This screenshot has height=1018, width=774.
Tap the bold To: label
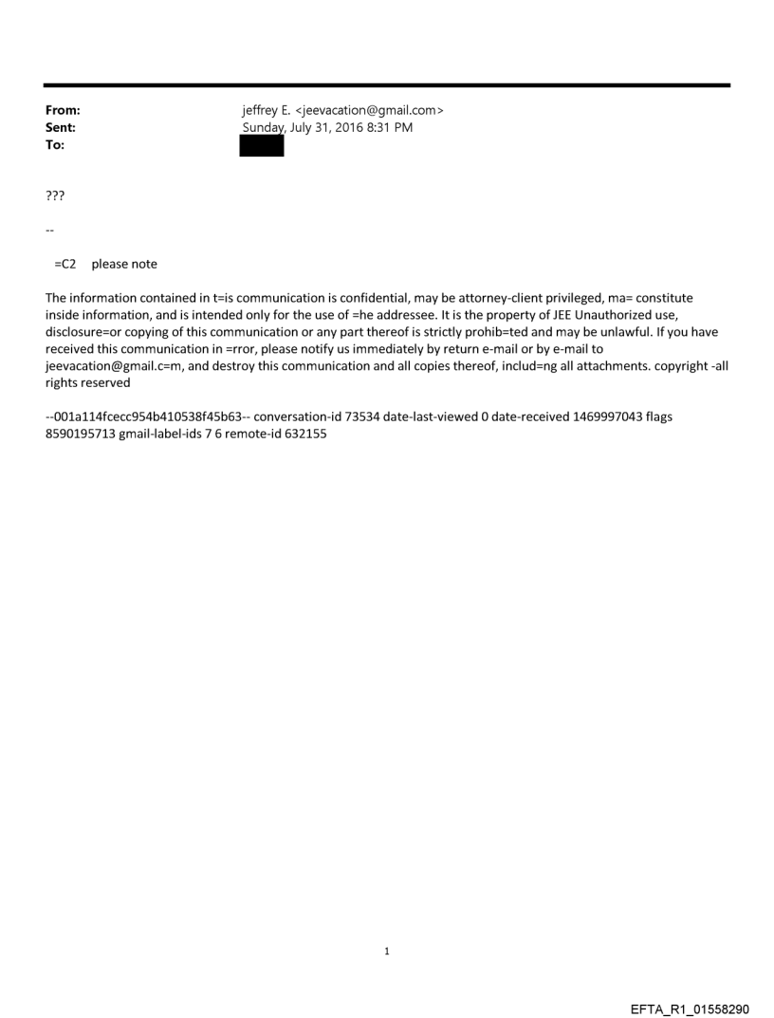click(55, 144)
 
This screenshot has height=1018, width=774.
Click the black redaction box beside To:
click(261, 145)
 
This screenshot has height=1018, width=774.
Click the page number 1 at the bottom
click(387, 951)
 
